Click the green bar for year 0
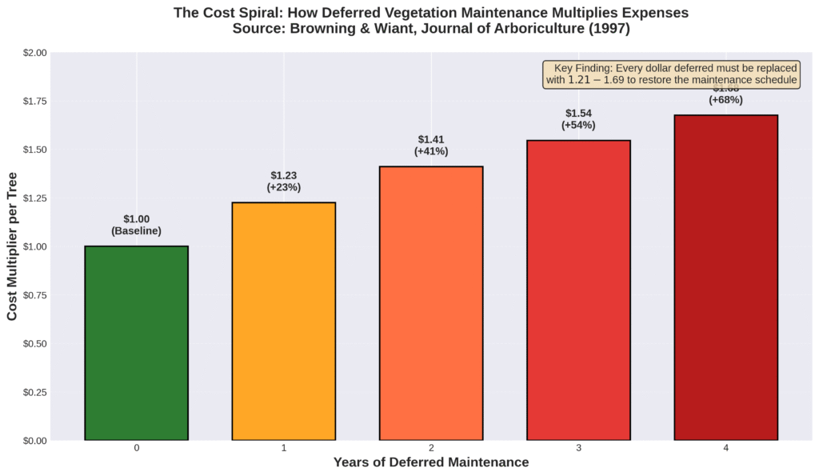point(136,343)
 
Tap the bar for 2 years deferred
point(431,303)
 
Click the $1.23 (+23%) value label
point(283,182)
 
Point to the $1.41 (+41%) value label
point(431,146)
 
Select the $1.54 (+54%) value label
point(578,119)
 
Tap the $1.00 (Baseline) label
point(136,225)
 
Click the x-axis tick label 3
point(578,448)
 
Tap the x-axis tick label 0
point(136,448)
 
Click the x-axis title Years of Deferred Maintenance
point(431,462)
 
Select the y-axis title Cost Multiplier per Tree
point(13,246)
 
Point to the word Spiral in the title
point(256,14)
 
